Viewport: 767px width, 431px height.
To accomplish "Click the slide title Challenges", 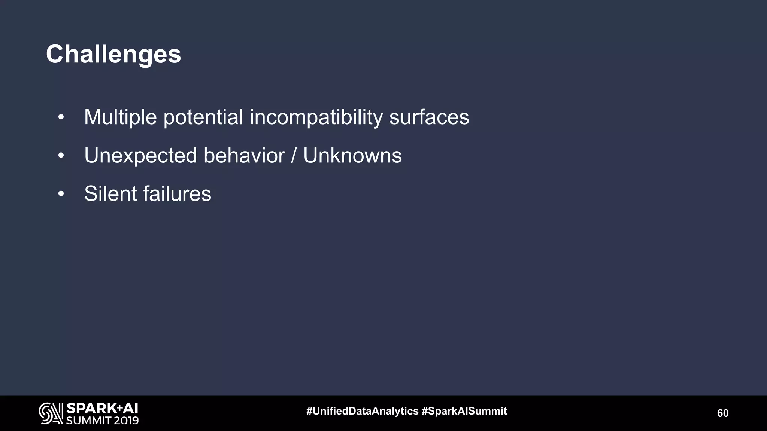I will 113,54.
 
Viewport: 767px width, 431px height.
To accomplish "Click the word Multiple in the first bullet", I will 120,117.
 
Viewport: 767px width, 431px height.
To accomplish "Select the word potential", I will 203,117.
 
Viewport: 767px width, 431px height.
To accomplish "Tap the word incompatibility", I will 316,117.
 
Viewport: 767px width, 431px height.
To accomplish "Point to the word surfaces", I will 429,117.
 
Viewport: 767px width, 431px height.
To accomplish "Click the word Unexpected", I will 140,156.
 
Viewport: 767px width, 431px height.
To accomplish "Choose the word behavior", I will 244,156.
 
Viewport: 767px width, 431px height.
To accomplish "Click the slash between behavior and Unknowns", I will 294,156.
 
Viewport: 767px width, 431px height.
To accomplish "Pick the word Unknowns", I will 352,156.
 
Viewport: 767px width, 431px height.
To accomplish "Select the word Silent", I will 110,194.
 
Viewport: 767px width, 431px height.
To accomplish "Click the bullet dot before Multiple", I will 61,118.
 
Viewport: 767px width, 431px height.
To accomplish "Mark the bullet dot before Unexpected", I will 61,156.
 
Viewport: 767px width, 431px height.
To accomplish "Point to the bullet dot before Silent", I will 61,194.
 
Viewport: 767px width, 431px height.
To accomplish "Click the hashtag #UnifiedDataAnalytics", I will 362,411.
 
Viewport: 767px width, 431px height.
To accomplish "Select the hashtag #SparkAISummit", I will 464,411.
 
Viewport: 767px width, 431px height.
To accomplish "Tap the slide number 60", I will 722,413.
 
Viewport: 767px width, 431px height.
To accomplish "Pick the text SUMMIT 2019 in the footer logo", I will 102,421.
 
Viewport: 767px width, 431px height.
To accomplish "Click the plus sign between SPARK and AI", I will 120,407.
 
